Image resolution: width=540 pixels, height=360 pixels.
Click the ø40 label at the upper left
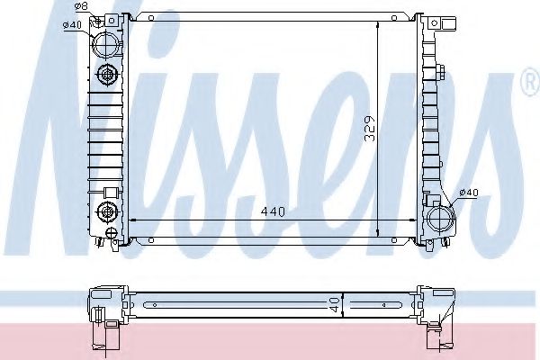(x=74, y=24)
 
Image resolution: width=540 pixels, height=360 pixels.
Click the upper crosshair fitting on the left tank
(x=107, y=76)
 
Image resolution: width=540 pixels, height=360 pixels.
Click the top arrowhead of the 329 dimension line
(x=378, y=25)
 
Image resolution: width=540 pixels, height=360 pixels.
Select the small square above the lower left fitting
(x=111, y=191)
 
